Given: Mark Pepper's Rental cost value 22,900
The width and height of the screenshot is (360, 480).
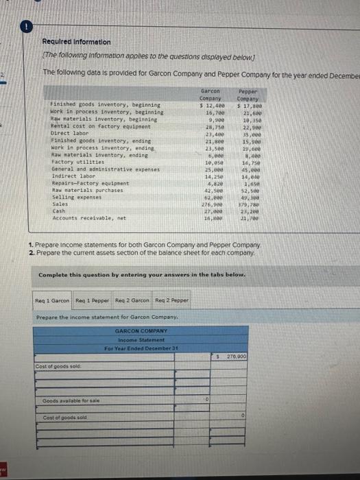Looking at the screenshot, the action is tap(248, 128).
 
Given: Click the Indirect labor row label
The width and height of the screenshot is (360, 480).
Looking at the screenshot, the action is tap(69, 176).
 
